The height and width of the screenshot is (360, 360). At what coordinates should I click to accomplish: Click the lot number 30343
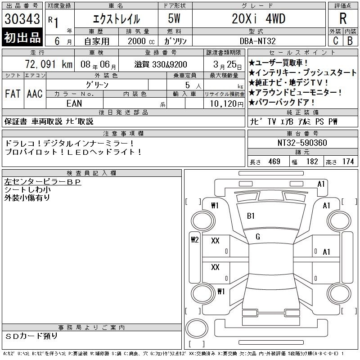coord(22,19)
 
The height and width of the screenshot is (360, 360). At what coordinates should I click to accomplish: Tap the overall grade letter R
coord(343,18)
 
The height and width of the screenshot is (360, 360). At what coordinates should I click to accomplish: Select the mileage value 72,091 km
coord(49,64)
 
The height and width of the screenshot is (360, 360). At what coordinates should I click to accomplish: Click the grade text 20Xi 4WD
coord(258,18)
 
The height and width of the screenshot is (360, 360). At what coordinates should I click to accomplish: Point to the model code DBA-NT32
coord(257,41)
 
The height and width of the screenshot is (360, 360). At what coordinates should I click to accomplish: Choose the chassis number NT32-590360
coord(302,143)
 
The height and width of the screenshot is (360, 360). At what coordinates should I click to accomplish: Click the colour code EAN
coord(74,103)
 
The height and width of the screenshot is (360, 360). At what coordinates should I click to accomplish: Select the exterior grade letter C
coord(335,41)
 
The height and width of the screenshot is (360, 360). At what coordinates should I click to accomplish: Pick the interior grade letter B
coord(350,41)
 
